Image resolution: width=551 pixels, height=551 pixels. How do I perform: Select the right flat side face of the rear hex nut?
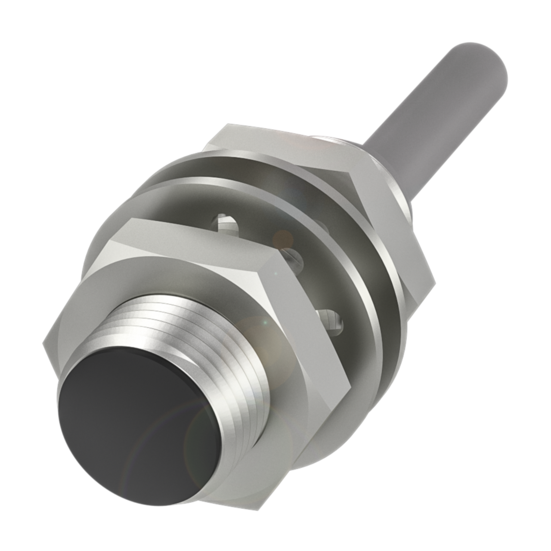click(387, 224)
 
